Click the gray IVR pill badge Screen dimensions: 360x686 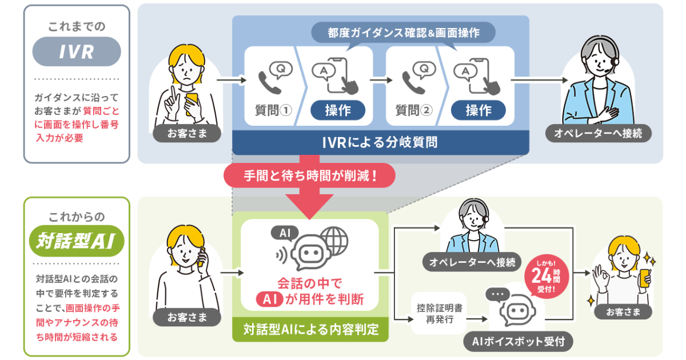click(x=77, y=52)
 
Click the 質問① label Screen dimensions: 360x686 click(x=273, y=110)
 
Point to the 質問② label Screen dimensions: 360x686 click(x=414, y=110)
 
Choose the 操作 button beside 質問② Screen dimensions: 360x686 click(x=478, y=110)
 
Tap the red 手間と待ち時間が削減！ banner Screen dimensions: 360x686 click(x=310, y=175)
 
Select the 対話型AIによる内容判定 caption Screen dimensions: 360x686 click(x=310, y=330)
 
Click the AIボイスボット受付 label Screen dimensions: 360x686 click(x=518, y=342)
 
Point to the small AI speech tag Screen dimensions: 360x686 click(x=285, y=233)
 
